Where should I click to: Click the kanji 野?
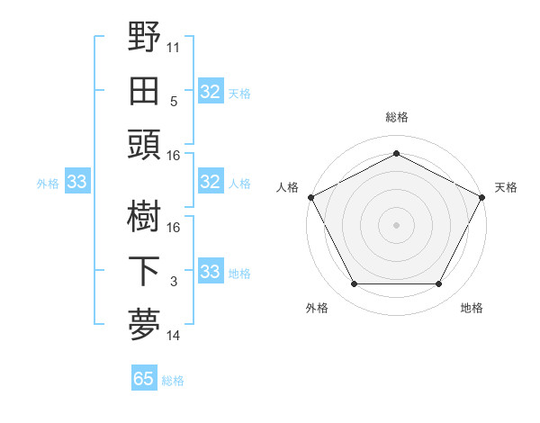(x=144, y=38)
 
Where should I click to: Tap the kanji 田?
(x=144, y=90)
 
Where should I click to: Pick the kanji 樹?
(x=144, y=216)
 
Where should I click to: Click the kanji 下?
(x=144, y=270)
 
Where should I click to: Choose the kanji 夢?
(x=144, y=324)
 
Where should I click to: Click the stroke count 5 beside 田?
(x=174, y=101)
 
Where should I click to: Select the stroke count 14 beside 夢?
(x=174, y=336)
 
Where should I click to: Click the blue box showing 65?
(x=143, y=379)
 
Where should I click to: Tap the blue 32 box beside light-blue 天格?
(x=210, y=92)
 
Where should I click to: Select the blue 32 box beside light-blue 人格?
(x=210, y=183)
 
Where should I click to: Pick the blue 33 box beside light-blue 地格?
(x=210, y=272)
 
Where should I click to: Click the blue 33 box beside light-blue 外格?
(x=76, y=183)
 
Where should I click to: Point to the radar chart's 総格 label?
(x=396, y=117)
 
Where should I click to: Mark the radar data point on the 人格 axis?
(x=310, y=196)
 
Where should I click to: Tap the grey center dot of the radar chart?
(x=396, y=224)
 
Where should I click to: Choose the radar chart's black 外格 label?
(x=317, y=308)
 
